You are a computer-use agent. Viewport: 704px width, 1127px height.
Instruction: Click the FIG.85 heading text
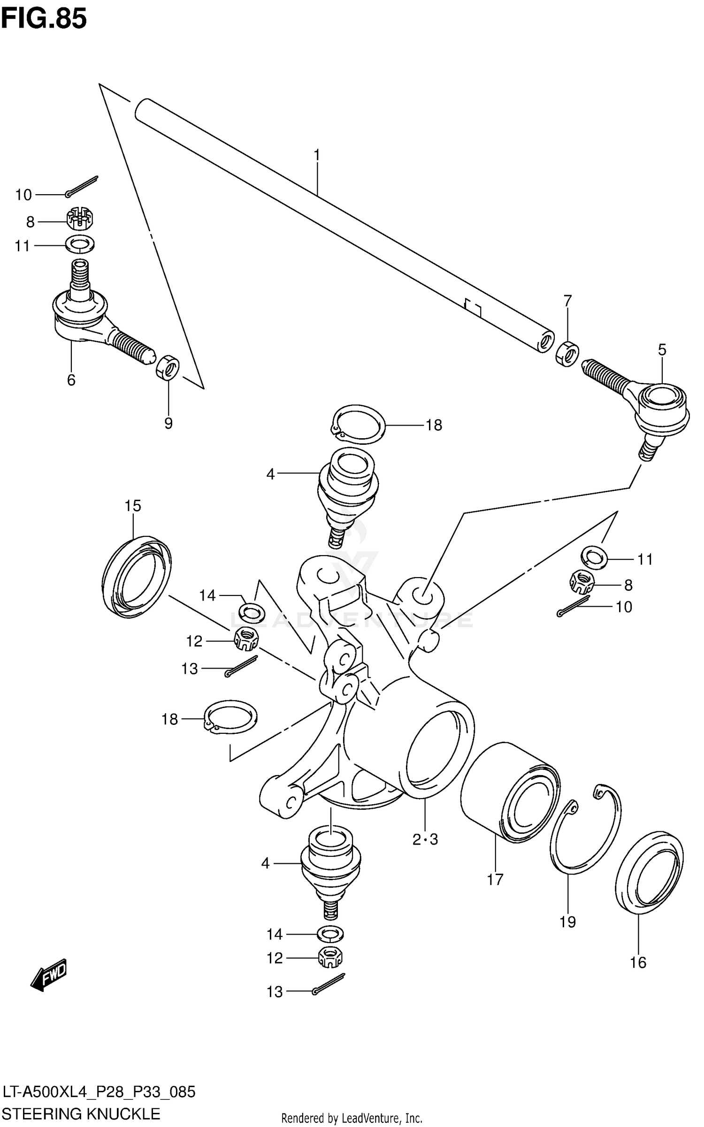tap(44, 19)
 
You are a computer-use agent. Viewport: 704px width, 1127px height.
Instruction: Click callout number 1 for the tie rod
tap(317, 155)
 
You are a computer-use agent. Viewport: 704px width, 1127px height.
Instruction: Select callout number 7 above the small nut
tap(568, 300)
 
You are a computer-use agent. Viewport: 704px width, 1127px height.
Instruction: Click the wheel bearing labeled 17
tap(510, 793)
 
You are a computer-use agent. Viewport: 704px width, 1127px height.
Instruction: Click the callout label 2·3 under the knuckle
tap(425, 839)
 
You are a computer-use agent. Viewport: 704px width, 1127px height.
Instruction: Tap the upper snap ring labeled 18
tap(359, 424)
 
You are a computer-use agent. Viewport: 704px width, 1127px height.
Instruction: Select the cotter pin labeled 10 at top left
tap(83, 185)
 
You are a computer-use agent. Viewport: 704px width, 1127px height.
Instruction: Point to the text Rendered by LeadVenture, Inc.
tap(352, 1119)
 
